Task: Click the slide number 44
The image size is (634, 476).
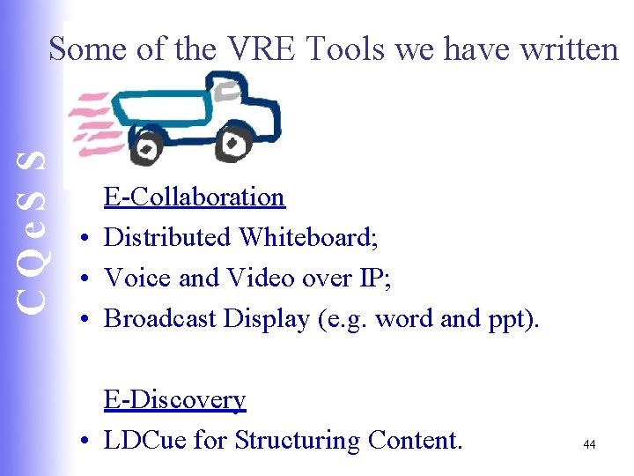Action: (x=589, y=445)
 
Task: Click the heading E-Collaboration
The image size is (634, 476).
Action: (x=194, y=196)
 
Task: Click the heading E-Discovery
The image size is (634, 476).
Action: (x=174, y=399)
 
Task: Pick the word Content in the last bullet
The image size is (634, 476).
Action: (x=415, y=440)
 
